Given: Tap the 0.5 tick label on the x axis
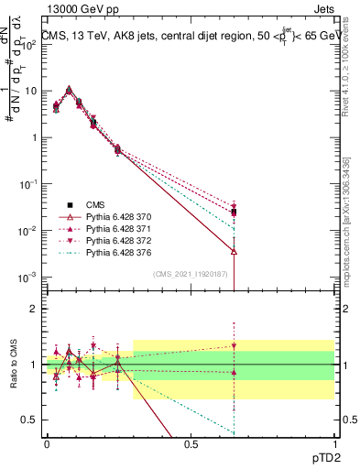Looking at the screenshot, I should [191, 443].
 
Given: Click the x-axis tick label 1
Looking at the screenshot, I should [333, 443].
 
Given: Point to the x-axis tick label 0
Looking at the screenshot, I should [47, 443].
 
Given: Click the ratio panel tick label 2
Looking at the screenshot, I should [33, 309].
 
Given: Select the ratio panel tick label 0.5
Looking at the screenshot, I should [29, 420].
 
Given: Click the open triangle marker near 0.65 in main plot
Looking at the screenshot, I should [235, 251].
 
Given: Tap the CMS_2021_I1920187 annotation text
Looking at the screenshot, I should [191, 273].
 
